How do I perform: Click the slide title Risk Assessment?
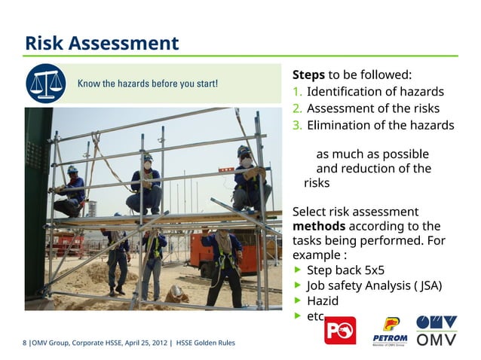[102, 42]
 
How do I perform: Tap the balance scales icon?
[45, 83]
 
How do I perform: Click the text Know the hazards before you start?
[149, 83]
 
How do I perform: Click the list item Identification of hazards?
[375, 92]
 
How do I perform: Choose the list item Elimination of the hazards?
[380, 125]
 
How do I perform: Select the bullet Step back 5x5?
[345, 270]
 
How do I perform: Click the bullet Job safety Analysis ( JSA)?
[374, 285]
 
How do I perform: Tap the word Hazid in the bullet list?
[323, 301]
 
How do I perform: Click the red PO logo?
[340, 330]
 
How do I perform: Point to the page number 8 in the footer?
[25, 343]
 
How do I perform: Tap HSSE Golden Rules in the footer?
[205, 343]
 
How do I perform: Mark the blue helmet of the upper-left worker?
[72, 169]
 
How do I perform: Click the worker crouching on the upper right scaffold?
[249, 181]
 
